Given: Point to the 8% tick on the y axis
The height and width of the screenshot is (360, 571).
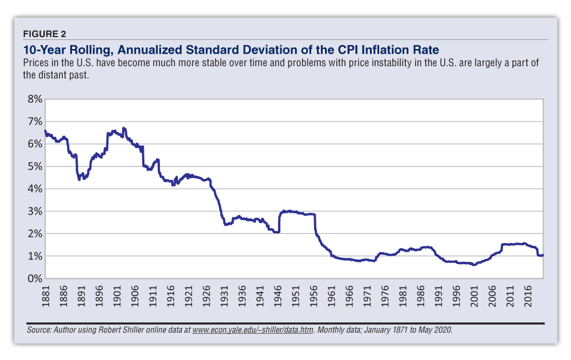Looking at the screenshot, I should pos(34,99).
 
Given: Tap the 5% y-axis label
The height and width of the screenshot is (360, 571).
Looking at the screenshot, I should pos(34,167).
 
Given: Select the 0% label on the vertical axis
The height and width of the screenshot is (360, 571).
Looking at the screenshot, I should pos(34,279).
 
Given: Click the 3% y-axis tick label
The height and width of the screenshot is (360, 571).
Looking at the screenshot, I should pos(34,212).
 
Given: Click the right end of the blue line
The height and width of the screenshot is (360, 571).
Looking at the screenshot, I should pos(542,255).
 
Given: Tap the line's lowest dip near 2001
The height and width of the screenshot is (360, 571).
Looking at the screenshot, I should pos(474,265).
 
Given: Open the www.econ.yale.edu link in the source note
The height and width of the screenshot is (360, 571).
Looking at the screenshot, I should pos(252,330).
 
